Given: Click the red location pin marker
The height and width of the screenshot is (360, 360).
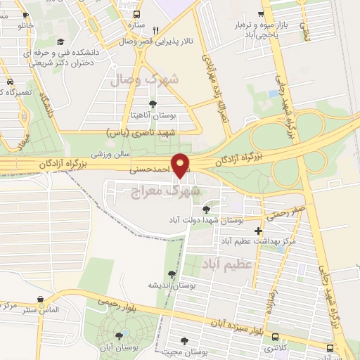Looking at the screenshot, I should tap(181, 166).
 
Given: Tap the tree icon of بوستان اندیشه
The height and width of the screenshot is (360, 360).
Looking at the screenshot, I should tap(172, 274).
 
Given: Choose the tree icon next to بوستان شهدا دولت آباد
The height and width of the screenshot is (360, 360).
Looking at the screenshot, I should tap(206, 210).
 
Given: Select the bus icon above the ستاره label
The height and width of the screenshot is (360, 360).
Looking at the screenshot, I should tap(136, 14).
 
